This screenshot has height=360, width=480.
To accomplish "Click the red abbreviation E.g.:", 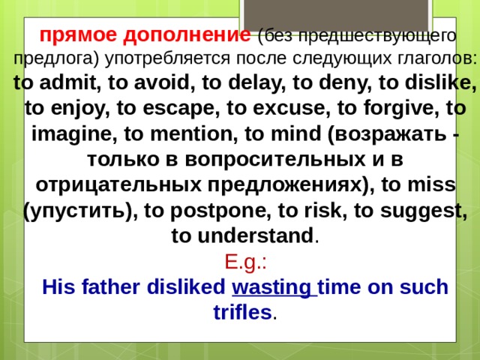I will (241, 262).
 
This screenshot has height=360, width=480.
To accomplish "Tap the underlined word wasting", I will (274, 288).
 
